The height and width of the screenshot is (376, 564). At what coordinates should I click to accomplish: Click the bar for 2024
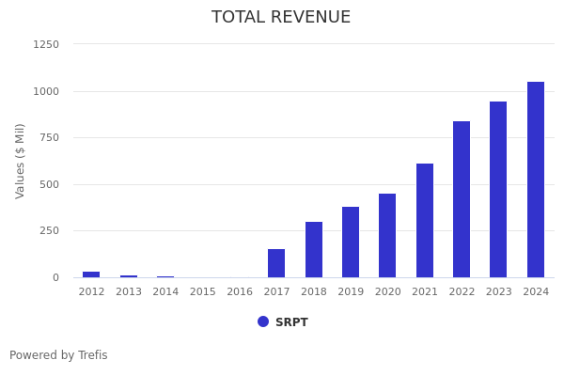tap(536, 180)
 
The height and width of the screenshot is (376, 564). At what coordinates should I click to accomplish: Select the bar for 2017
tap(276, 263)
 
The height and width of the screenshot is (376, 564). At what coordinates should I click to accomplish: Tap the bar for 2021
tap(425, 221)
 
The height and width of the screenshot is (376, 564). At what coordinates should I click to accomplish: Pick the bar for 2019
tap(351, 243)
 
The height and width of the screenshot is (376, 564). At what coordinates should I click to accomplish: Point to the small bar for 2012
tap(91, 274)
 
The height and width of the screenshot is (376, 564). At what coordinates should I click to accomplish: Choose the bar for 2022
tap(462, 199)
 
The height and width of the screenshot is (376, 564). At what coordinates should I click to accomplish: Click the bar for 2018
tap(314, 250)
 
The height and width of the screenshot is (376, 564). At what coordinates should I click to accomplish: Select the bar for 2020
tap(387, 236)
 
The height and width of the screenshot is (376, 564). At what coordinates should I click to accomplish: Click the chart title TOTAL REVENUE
tap(281, 18)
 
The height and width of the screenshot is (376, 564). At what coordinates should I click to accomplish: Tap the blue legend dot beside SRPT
tap(263, 321)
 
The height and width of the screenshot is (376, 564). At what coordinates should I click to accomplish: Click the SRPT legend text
tap(291, 322)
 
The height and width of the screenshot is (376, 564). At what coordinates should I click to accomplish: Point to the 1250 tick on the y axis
tap(46, 44)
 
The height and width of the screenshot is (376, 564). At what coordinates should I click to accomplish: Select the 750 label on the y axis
tap(50, 137)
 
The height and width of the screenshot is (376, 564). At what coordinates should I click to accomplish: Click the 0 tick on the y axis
tap(55, 277)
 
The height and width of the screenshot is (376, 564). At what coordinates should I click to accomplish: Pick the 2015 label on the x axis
tap(202, 292)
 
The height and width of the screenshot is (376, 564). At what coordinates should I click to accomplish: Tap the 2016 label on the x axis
tap(240, 292)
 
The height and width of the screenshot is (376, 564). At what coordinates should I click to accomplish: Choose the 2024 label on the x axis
tap(536, 292)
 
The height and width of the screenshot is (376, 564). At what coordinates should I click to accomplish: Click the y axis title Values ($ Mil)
tap(21, 161)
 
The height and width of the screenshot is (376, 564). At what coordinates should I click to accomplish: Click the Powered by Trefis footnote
tap(58, 355)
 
